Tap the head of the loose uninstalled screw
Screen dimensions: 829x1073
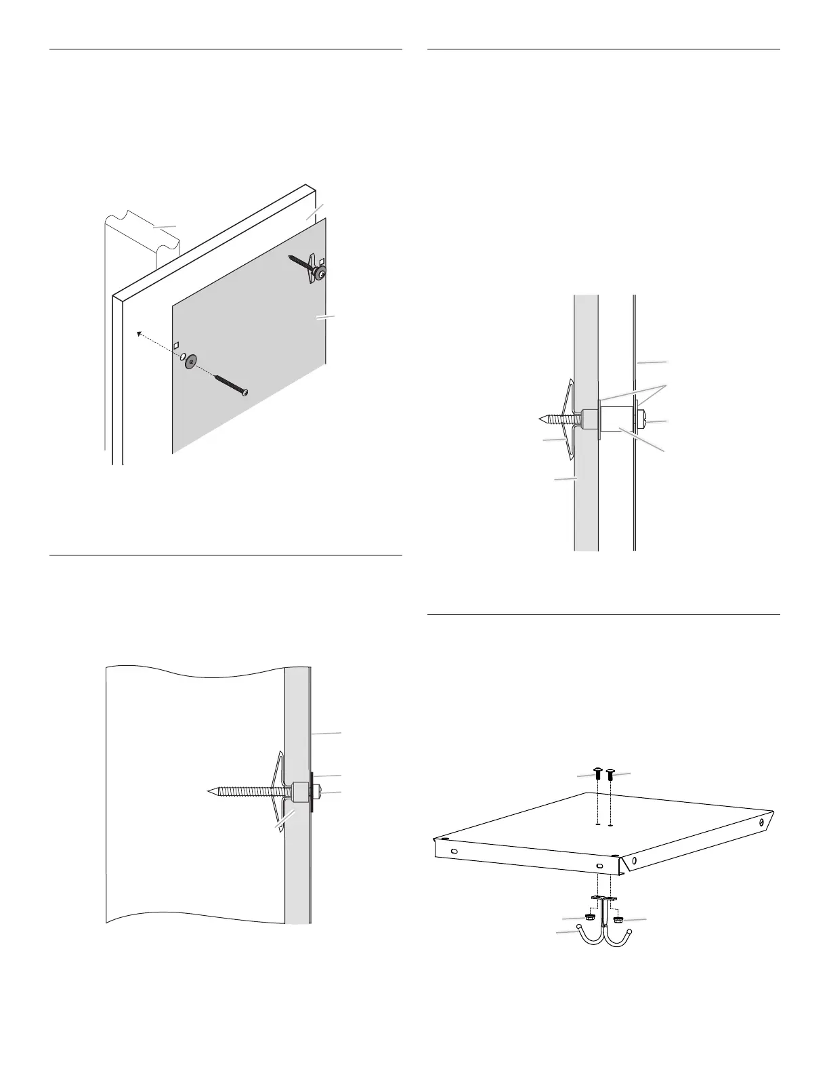[245, 392]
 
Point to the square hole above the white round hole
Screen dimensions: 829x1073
[177, 345]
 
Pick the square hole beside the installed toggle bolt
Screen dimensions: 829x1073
[323, 261]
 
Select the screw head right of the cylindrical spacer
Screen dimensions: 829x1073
[643, 421]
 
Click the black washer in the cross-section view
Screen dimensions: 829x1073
[312, 791]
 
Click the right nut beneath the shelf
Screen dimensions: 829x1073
[618, 919]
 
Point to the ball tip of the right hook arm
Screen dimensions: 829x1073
[630, 933]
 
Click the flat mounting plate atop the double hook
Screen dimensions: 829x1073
[604, 898]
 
